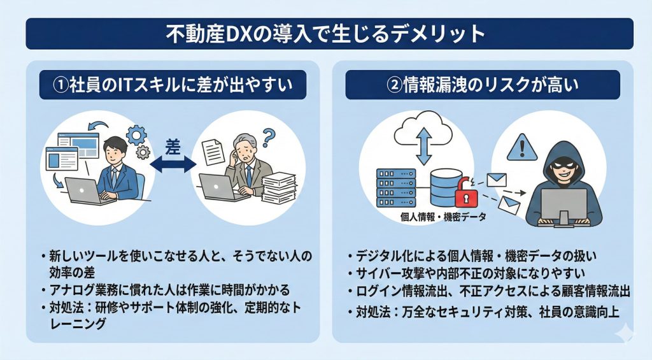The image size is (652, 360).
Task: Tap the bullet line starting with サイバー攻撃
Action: click(x=471, y=274)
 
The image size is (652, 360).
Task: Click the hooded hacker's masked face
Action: click(x=560, y=163)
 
